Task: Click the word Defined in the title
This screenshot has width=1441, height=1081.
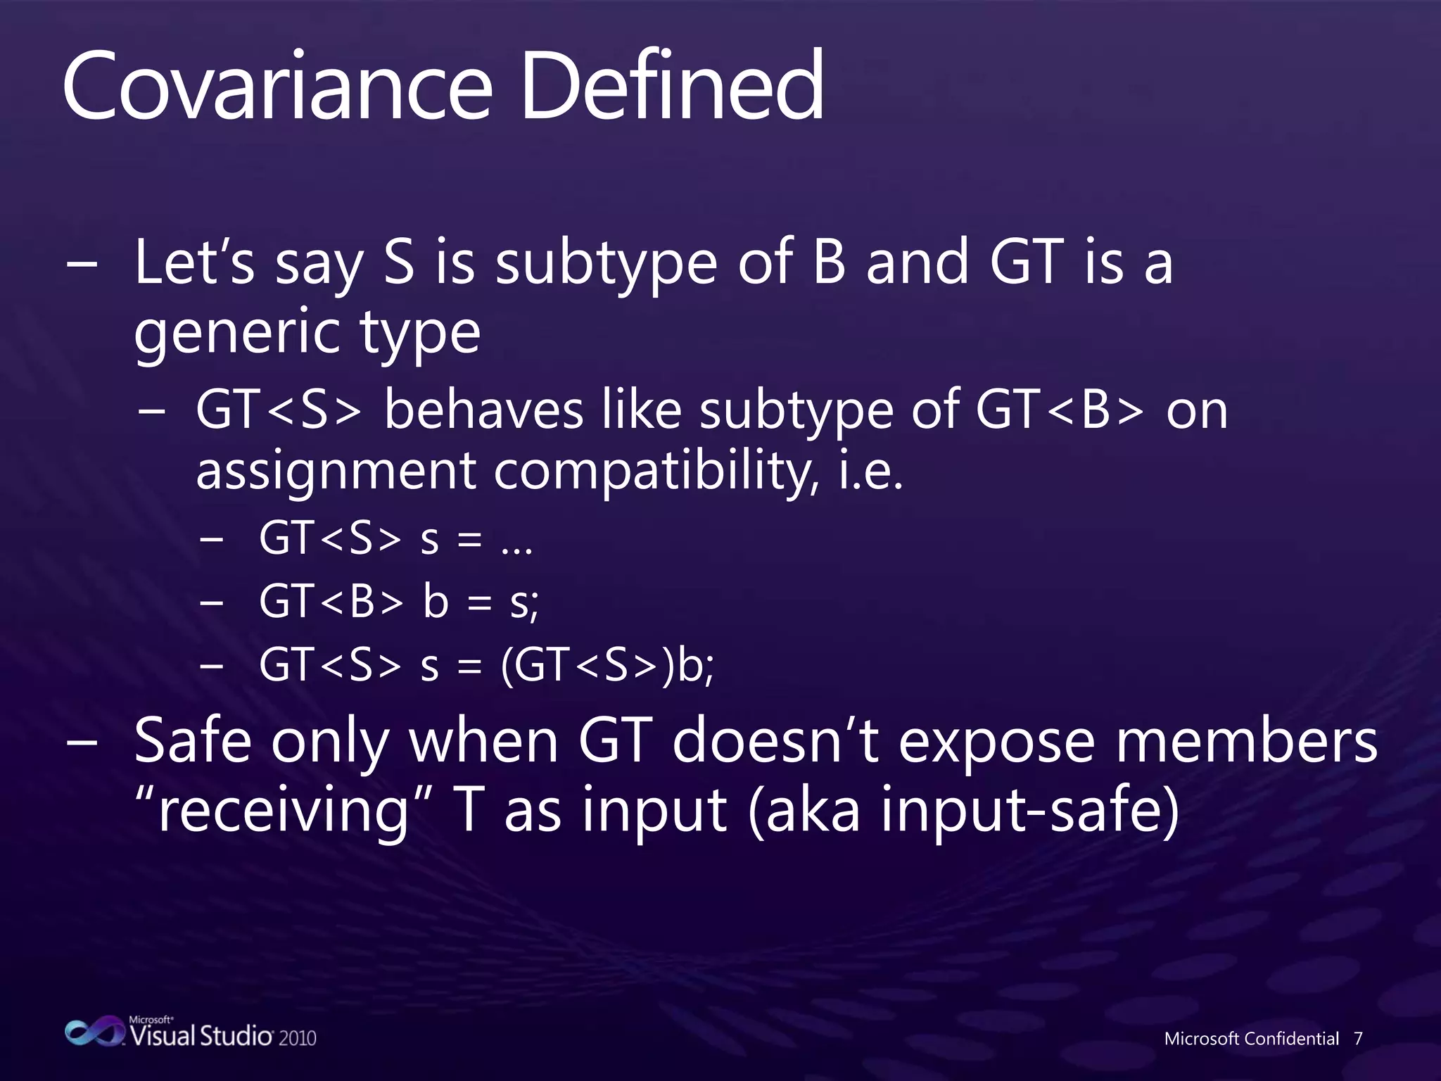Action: click(672, 86)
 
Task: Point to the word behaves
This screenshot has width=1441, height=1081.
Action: click(484, 410)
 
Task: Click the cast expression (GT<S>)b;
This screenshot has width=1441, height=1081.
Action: click(607, 664)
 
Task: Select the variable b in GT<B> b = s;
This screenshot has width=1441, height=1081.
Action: click(436, 602)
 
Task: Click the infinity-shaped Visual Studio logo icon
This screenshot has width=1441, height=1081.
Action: click(94, 1032)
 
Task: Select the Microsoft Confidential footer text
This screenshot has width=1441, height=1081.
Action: click(1251, 1039)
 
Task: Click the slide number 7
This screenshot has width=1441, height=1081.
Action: click(1358, 1039)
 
